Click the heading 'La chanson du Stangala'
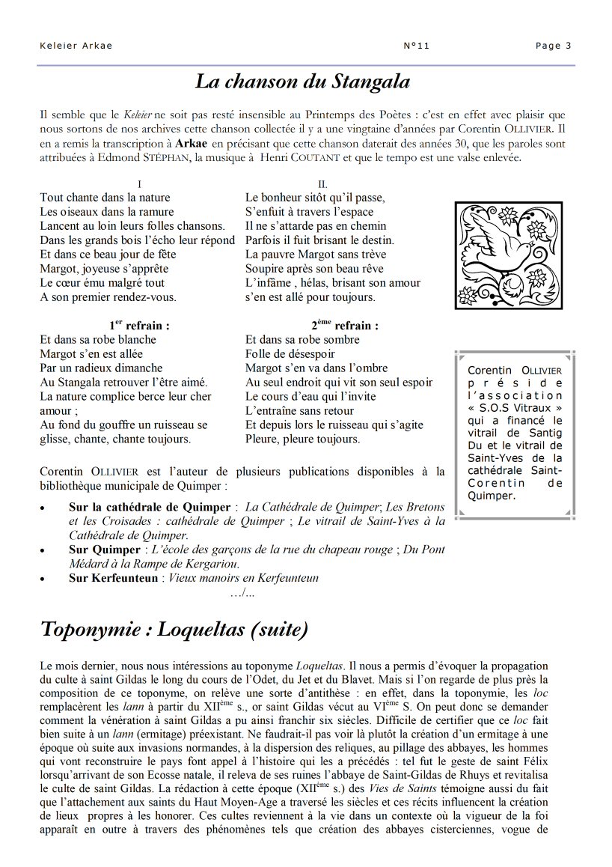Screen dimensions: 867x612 tap(302, 82)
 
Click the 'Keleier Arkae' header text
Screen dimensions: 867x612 tap(76, 46)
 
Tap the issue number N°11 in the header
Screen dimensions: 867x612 tap(416, 46)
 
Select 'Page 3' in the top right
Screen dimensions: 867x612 tap(553, 46)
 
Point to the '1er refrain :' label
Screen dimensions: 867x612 tap(139, 326)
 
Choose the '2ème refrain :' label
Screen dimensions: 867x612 tap(345, 326)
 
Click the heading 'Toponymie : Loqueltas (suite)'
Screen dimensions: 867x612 tap(174, 630)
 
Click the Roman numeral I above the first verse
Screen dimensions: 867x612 tap(140, 184)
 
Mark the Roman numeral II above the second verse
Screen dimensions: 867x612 tap(322, 184)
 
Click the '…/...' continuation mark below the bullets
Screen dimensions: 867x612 tap(243, 593)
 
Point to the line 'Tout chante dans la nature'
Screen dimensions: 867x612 tap(105, 198)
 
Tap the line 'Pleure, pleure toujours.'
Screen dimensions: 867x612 tap(302, 439)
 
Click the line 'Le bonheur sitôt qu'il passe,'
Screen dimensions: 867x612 tap(315, 198)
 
